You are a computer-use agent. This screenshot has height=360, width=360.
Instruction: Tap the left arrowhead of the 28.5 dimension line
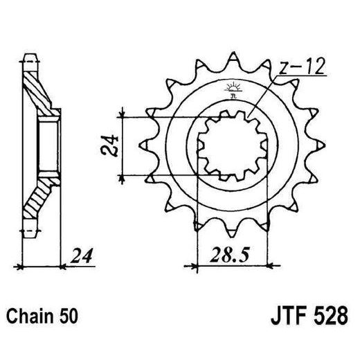[190, 264]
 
